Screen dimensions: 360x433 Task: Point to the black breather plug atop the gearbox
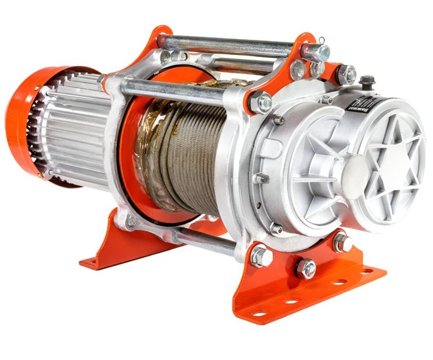coord(367,81)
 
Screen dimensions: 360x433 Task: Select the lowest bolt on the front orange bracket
coord(306,268)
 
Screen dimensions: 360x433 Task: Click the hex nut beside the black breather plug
coord(346,75)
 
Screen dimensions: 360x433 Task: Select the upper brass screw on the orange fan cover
coord(37,88)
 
